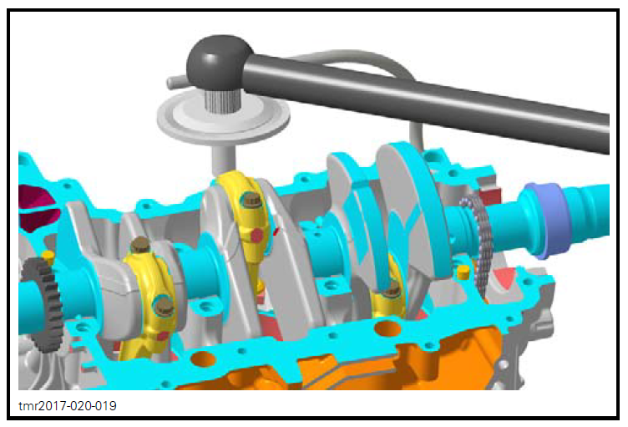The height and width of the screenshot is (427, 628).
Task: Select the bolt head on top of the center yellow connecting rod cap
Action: (x=249, y=200)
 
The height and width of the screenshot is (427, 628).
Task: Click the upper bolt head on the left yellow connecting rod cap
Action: (x=139, y=246)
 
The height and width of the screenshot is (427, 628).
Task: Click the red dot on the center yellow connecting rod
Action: (x=257, y=236)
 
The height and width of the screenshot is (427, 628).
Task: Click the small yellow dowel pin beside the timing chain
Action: (x=464, y=272)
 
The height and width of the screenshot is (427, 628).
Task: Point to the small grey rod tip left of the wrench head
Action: (x=172, y=81)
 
